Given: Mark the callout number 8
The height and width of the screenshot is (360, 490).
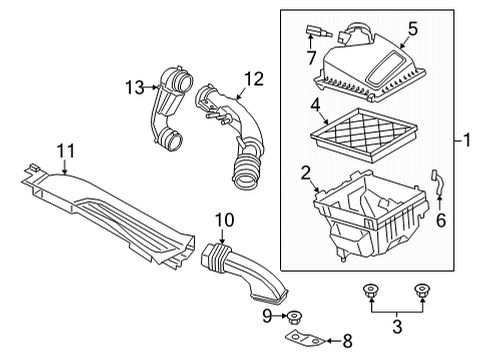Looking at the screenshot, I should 347,342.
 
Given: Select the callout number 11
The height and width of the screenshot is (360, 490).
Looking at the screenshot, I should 66,151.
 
